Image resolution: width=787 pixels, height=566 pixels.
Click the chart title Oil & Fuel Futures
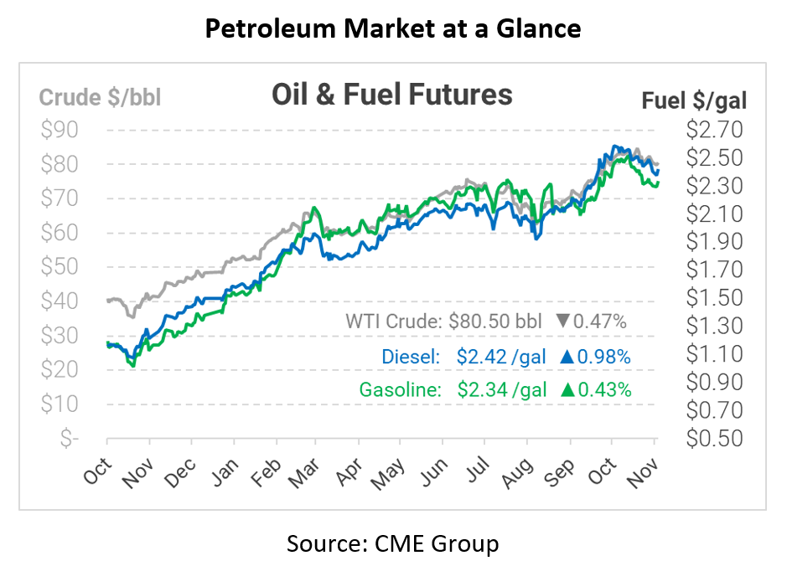click(x=391, y=95)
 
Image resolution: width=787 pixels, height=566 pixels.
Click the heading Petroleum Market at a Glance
click(x=393, y=28)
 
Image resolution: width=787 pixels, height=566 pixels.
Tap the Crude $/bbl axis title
click(x=100, y=98)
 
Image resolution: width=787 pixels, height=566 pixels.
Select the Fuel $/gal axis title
click(x=693, y=100)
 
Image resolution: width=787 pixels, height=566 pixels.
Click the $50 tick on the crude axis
click(x=60, y=267)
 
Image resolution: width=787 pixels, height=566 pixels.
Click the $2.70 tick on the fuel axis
click(x=714, y=130)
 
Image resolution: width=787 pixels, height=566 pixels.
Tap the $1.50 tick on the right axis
click(x=714, y=298)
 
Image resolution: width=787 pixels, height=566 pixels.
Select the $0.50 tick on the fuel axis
click(x=714, y=438)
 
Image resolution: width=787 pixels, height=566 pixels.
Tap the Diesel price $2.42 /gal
click(x=501, y=357)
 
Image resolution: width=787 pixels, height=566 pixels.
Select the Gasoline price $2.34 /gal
click(x=501, y=389)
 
